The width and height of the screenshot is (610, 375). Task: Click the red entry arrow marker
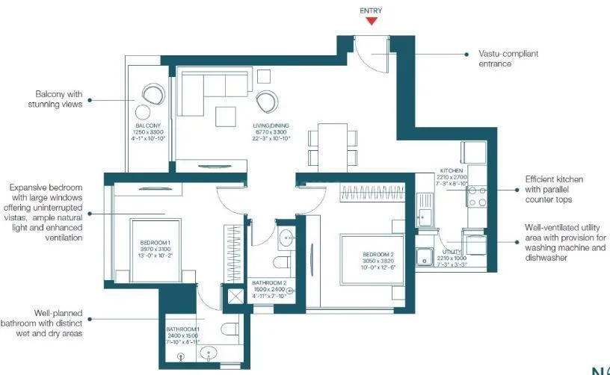click(372, 22)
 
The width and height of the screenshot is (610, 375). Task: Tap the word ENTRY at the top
click(372, 10)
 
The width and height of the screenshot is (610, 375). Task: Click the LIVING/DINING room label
click(270, 125)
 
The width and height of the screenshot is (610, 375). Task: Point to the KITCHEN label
click(452, 170)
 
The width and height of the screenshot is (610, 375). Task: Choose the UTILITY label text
click(452, 252)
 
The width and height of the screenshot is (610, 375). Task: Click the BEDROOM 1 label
click(155, 243)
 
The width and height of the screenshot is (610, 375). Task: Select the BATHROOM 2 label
click(268, 282)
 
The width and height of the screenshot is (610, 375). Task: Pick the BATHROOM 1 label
click(183, 329)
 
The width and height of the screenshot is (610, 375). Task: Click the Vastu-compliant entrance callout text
click(508, 59)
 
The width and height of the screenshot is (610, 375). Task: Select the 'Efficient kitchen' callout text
click(553, 190)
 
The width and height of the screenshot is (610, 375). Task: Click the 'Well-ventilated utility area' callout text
click(564, 242)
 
